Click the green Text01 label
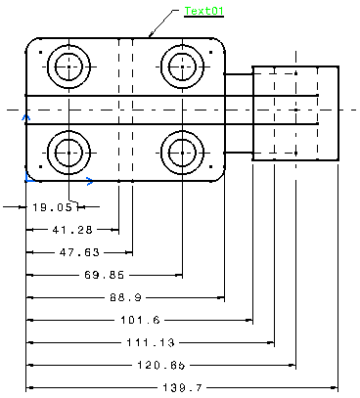coord(204,11)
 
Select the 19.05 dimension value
coord(55,207)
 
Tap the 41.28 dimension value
coord(72,230)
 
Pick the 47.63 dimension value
coord(79,252)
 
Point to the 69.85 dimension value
coord(105,275)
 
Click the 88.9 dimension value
coord(126,297)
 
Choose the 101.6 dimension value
coord(141,320)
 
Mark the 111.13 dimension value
coord(151,342)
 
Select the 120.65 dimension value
coord(161,365)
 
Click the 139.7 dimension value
coord(183,387)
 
